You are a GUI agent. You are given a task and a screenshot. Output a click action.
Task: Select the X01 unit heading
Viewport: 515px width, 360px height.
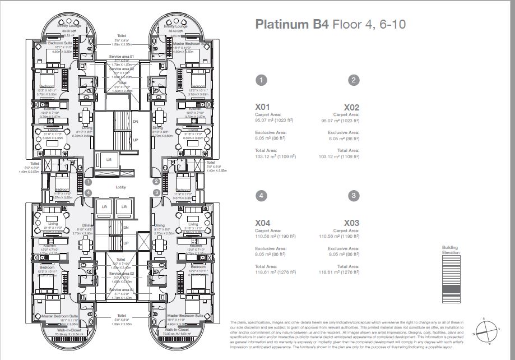pyautogui.click(x=263, y=107)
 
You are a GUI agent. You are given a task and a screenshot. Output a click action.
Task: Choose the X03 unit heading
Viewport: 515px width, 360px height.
pyautogui.click(x=351, y=223)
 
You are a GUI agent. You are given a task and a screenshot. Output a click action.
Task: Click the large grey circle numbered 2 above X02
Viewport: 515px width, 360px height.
pyautogui.click(x=354, y=80)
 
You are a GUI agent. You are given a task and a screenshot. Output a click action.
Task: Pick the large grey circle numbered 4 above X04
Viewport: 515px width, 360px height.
pyautogui.click(x=261, y=196)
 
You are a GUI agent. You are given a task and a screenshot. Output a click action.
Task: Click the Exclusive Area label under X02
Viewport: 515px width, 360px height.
pyautogui.click(x=343, y=132)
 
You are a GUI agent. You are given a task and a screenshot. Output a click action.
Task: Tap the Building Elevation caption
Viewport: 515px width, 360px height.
pyautogui.click(x=450, y=250)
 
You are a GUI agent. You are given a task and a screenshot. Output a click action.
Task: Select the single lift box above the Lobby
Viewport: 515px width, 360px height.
pyautogui.click(x=109, y=159)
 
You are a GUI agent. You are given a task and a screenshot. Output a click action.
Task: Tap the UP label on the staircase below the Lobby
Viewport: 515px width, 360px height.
pyautogui.click(x=126, y=243)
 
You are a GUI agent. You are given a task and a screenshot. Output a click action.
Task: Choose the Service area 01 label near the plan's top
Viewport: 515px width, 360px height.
pyautogui.click(x=122, y=57)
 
